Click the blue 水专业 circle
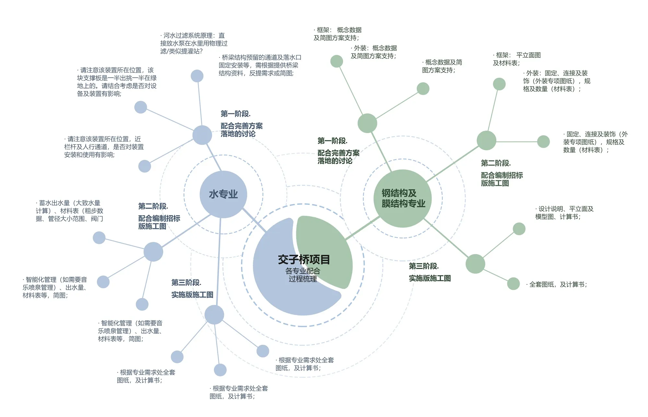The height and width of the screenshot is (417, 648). click(x=223, y=194)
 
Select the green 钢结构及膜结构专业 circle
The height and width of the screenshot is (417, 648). click(x=403, y=198)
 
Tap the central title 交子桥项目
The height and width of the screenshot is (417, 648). click(x=304, y=260)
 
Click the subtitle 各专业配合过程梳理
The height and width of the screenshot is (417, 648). click(x=303, y=275)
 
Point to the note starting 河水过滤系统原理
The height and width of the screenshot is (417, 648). click(x=194, y=43)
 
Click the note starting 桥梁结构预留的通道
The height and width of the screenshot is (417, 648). click(x=260, y=65)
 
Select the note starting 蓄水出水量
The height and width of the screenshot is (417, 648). click(x=69, y=211)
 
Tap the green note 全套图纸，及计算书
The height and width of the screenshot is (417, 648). click(x=557, y=284)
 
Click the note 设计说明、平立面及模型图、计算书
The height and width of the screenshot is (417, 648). click(x=564, y=213)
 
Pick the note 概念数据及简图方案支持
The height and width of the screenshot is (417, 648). click(x=442, y=66)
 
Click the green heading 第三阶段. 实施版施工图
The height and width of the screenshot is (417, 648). click(x=429, y=272)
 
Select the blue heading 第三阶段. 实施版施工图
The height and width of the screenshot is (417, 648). click(x=192, y=289)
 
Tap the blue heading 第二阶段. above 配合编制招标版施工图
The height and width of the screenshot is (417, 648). click(x=153, y=206)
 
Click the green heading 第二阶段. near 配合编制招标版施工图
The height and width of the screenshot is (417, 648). click(x=496, y=163)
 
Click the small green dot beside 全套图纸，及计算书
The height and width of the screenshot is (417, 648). click(x=513, y=284)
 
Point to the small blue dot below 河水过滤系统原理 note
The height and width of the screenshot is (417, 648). click(x=197, y=76)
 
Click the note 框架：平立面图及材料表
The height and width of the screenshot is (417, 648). click(x=516, y=59)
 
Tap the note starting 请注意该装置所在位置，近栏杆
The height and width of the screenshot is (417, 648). click(x=104, y=147)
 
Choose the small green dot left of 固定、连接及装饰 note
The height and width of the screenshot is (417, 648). click(x=543, y=142)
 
